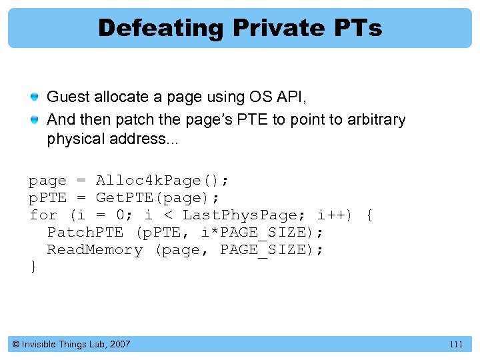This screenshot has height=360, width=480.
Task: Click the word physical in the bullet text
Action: (75, 139)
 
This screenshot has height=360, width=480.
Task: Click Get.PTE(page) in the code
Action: (158, 198)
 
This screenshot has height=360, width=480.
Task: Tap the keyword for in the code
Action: (43, 215)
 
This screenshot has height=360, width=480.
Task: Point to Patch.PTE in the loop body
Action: (85, 233)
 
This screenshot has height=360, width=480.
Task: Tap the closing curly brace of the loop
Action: (33, 267)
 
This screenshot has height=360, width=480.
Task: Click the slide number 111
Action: (456, 345)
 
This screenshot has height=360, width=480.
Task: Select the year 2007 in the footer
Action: (119, 345)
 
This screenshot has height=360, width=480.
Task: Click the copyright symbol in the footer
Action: (16, 345)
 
